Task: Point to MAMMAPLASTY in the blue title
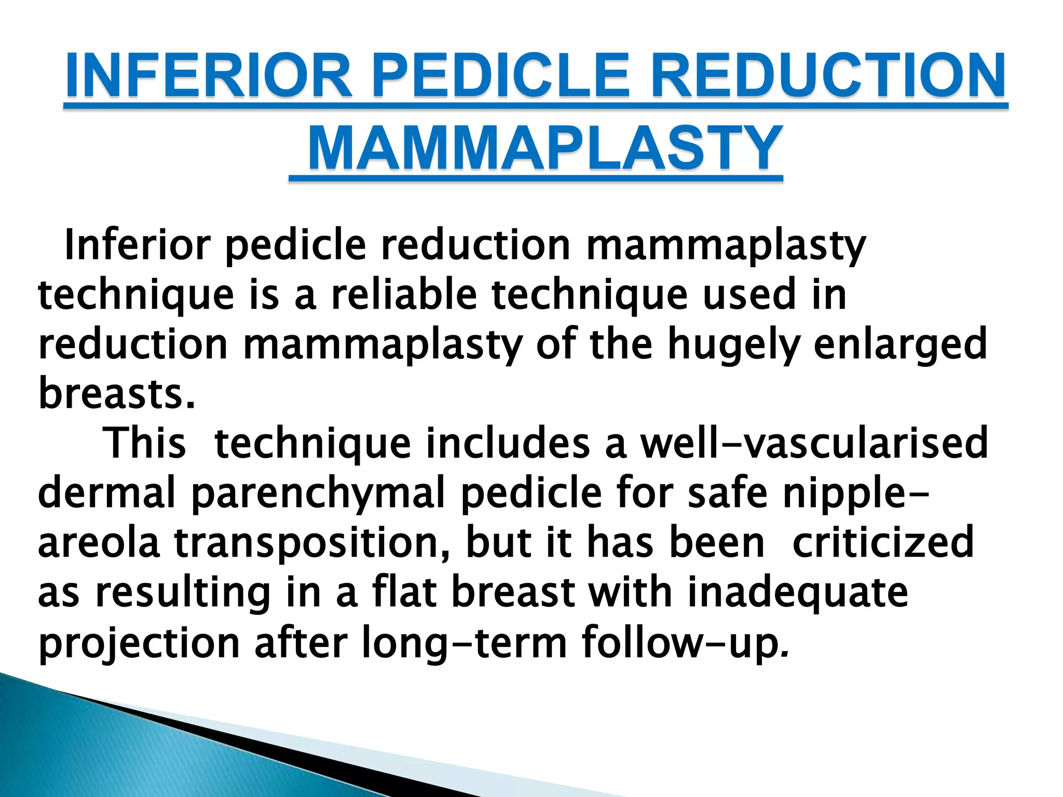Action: pos(544,149)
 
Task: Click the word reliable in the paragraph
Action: pos(404,295)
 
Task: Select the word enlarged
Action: pos(900,345)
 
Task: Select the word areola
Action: pos(99,542)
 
